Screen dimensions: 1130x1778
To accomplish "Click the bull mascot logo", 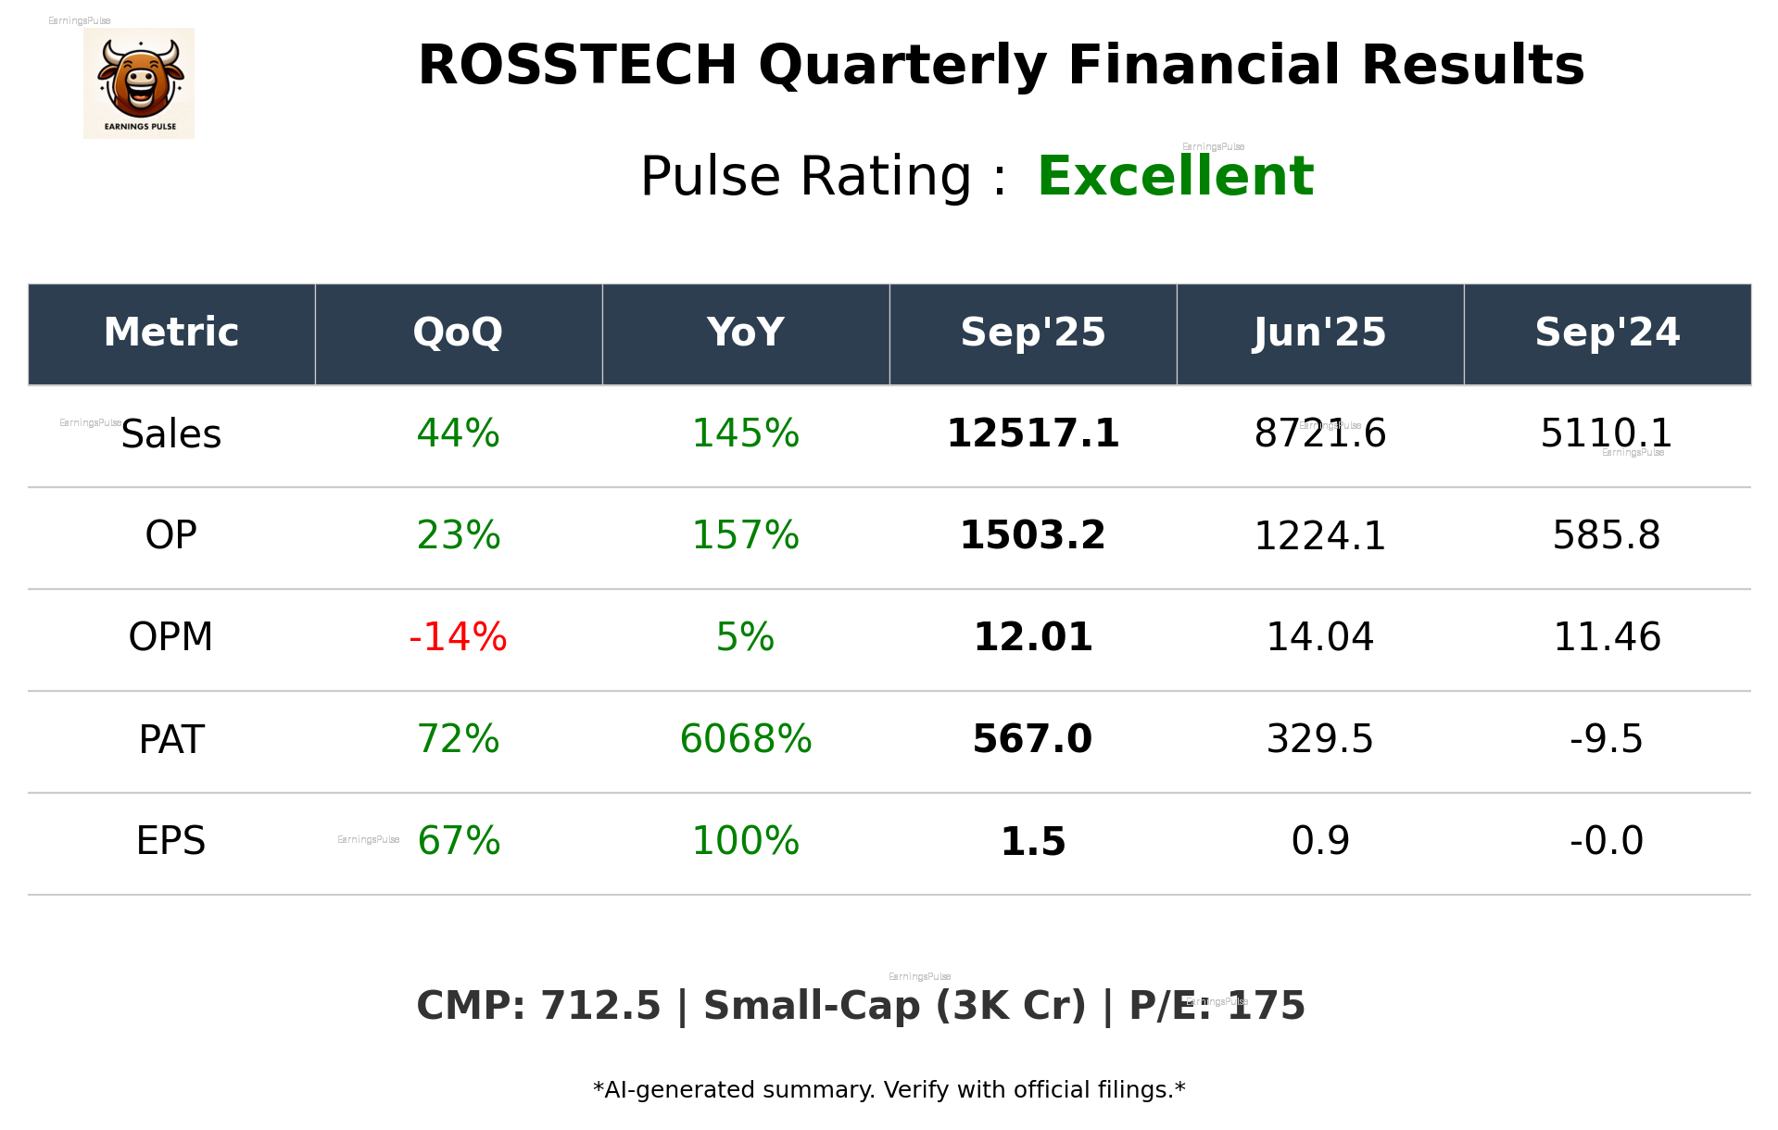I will (x=139, y=83).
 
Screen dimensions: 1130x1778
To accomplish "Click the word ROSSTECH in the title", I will (x=576, y=66).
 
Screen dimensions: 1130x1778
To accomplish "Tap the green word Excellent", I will (x=1175, y=176).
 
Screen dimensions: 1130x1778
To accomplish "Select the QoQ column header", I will (x=458, y=333).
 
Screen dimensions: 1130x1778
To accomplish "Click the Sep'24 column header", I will (x=1607, y=333).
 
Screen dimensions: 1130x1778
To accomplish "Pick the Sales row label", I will (x=171, y=434).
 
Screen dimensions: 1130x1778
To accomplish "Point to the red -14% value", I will (x=458, y=637).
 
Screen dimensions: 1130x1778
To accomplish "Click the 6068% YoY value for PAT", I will (x=745, y=739).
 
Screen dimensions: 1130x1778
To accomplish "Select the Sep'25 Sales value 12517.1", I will (x=1032, y=434).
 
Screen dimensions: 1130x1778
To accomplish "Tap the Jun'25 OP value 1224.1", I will (x=1319, y=536).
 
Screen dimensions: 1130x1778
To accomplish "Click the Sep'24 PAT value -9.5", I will (x=1606, y=739).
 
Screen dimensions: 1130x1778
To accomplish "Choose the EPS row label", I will (x=171, y=841).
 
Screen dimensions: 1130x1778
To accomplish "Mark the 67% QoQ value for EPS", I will (x=459, y=841).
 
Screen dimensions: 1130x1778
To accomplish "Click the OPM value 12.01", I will (x=1032, y=637).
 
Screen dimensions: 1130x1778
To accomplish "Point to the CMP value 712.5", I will (x=600, y=1007).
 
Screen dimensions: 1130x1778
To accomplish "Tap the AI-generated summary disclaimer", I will (x=889, y=1090).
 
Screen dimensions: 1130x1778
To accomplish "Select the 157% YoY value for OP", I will (x=745, y=536).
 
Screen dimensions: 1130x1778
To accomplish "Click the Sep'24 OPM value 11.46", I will (x=1607, y=637).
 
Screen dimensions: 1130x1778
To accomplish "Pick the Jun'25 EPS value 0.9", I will (x=1319, y=841).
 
